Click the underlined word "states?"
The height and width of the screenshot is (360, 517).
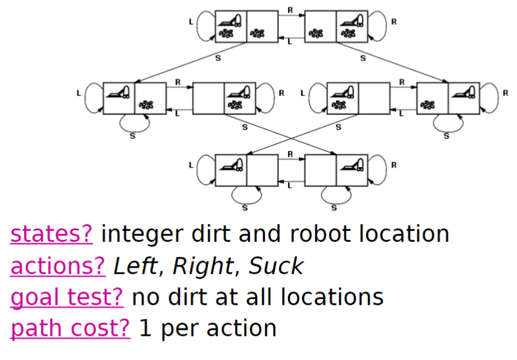pos(52,234)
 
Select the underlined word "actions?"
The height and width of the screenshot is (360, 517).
pos(58,265)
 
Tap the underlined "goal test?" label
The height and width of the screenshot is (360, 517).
pos(67,297)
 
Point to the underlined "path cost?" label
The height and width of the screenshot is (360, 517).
pos(70,328)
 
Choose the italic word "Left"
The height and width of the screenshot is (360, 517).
pos(139,265)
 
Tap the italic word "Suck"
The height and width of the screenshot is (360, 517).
pos(276,265)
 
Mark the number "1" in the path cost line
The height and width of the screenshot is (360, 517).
pos(145,328)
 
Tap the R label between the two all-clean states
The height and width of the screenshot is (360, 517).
pos(290,154)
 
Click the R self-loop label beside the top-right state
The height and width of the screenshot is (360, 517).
pos(393,22)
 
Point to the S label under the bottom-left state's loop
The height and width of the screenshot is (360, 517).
pos(245,208)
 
